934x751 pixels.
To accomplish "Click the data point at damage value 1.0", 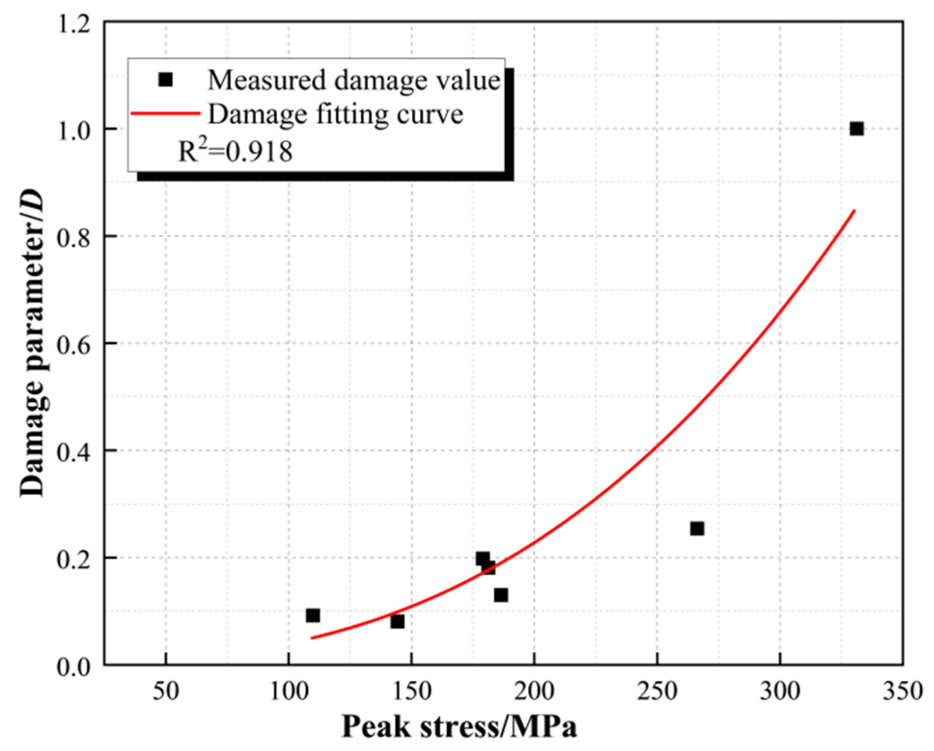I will pos(856,129).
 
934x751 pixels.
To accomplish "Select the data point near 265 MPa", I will pos(697,528).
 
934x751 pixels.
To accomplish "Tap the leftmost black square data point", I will pos(313,615).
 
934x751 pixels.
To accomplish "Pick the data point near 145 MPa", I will pos(397,621).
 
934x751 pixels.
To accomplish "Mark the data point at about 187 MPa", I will pos(501,595).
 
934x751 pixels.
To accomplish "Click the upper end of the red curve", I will pos(854,210).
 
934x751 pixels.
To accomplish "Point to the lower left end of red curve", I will pos(313,638).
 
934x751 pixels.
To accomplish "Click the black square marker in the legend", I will pos(166,80).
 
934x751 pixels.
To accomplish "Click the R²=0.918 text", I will pos(235,152).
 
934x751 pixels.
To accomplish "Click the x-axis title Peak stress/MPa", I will pos(459,726).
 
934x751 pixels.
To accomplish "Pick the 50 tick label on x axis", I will pos(166,691).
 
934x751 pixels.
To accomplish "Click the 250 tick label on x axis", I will pos(656,691).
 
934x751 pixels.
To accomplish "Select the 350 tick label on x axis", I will pos(902,691).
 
